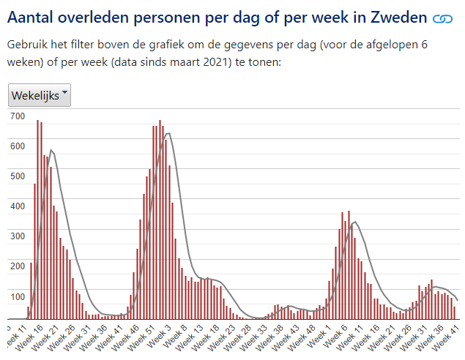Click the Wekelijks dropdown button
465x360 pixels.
click(x=39, y=95)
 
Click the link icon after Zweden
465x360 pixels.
click(x=442, y=18)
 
